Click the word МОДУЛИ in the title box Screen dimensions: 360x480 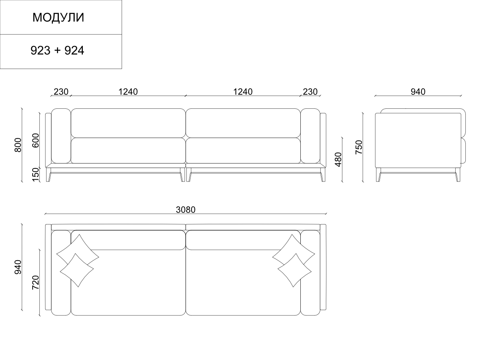click(x=58, y=18)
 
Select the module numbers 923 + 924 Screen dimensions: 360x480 click(x=57, y=51)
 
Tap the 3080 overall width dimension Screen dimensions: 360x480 click(x=186, y=210)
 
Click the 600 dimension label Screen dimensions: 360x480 click(x=36, y=140)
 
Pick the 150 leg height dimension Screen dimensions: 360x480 click(x=36, y=175)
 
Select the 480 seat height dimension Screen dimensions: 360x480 click(x=338, y=159)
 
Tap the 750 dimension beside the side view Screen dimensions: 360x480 click(x=359, y=147)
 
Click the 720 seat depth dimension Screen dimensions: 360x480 click(x=36, y=282)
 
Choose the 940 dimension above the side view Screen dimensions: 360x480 click(x=418, y=91)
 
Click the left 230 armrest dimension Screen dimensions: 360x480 click(x=61, y=91)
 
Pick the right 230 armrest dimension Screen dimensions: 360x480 click(x=310, y=91)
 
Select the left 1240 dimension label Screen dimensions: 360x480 click(x=128, y=91)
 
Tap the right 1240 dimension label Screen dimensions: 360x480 click(x=243, y=91)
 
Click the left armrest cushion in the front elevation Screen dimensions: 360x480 click(x=61, y=136)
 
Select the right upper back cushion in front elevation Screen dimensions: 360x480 click(x=243, y=123)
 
